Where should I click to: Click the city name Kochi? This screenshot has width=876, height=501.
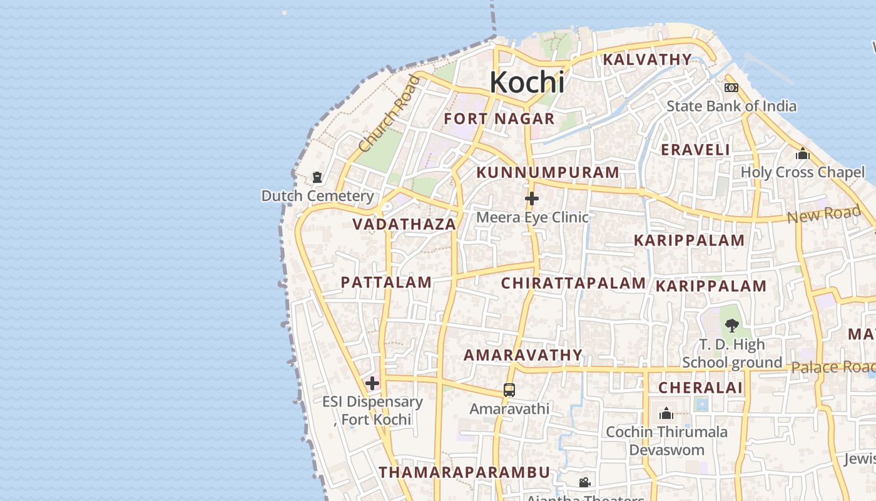pos(527,82)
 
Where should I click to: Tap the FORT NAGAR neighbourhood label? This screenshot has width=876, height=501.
pos(499,119)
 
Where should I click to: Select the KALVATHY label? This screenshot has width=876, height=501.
pos(647,59)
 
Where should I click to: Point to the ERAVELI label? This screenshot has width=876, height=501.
pos(695,150)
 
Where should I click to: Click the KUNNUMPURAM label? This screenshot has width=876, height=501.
pos(547,172)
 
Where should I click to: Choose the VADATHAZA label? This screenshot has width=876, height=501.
pos(404,224)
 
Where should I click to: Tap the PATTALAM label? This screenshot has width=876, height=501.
pos(386,282)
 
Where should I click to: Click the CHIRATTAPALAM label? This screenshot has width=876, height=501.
pos(573,283)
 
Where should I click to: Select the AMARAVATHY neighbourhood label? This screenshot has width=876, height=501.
pos(523,355)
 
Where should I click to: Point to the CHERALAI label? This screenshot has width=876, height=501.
pos(700,388)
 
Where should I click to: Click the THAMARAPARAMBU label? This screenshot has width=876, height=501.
pos(464,472)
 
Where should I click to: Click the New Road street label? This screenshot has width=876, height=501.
pos(823,215)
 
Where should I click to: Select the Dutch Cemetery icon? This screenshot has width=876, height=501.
pos(317,177)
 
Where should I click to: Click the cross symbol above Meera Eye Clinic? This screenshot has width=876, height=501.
pos(532,199)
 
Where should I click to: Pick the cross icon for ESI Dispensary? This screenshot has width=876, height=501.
pos(372,383)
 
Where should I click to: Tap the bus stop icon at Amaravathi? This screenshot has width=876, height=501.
pos(509,390)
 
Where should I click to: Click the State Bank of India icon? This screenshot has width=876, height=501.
pos(731,88)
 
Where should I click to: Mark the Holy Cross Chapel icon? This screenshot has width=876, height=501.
pos(802,153)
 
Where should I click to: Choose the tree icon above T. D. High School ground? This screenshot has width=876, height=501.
pos(731,325)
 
